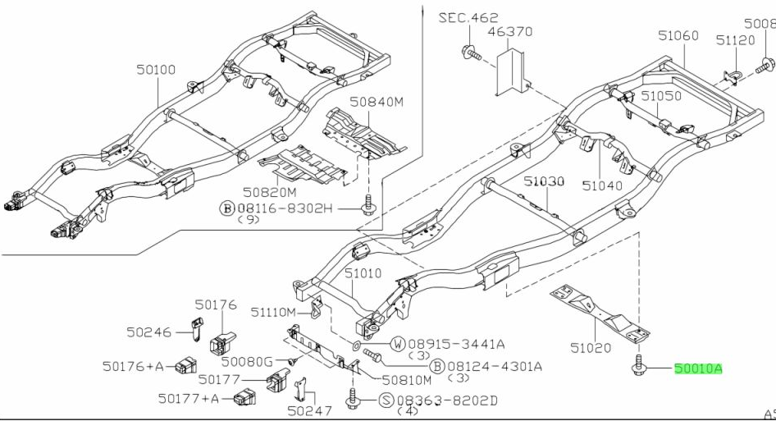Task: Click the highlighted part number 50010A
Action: (698, 369)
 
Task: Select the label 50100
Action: (156, 71)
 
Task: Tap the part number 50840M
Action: (377, 102)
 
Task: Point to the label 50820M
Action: (269, 191)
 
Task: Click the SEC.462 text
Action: (468, 16)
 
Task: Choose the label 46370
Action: (510, 32)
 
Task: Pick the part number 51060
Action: (678, 35)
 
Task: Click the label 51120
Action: (734, 39)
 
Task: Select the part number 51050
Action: (661, 96)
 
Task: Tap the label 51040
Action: (603, 185)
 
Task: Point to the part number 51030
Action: (545, 181)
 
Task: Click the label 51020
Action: (591, 348)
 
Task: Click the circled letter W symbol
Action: (398, 343)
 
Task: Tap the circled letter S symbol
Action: (386, 400)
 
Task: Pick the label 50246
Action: (149, 332)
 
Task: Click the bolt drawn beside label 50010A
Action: (638, 367)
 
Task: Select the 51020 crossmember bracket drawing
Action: (603, 312)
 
